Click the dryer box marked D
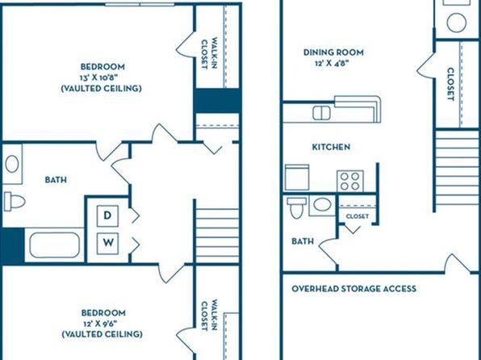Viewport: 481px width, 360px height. [107, 216]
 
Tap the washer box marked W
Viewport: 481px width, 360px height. [107, 244]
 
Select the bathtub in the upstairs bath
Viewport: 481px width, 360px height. [55, 245]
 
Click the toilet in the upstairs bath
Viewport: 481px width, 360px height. [15, 202]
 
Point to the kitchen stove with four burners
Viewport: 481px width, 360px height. [350, 181]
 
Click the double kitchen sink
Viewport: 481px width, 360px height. [321, 113]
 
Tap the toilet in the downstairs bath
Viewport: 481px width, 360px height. [296, 207]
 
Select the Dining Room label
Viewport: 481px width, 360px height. [333, 52]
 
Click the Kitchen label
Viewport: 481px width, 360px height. [331, 147]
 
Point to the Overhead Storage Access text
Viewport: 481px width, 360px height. [354, 289]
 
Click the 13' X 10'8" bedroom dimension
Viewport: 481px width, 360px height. [102, 77]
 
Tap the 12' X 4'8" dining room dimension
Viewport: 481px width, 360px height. [332, 64]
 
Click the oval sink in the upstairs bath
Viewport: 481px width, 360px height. [12, 164]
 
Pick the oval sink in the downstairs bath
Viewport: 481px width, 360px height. [322, 205]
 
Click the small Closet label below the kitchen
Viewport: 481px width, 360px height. [358, 216]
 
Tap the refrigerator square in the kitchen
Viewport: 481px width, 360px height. [297, 178]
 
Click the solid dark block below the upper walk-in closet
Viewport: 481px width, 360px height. [217, 101]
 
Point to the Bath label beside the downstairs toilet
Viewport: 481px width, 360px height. [303, 241]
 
